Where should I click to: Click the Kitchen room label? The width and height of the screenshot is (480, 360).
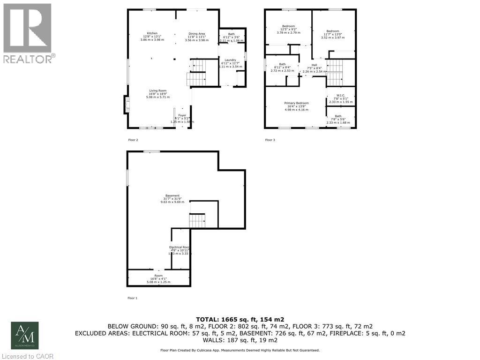(152, 33)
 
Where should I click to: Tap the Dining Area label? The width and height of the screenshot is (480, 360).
(196, 34)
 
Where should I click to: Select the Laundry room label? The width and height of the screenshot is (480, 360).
(230, 60)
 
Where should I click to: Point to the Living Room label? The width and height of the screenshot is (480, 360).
(158, 90)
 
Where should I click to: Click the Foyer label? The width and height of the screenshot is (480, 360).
(182, 115)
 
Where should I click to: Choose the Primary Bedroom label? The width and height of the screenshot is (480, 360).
(296, 103)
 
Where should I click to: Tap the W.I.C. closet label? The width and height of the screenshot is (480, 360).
(340, 96)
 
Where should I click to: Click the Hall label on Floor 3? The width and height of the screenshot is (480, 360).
(315, 65)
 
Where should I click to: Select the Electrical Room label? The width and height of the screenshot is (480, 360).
(180, 247)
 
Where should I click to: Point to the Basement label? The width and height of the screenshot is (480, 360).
(172, 195)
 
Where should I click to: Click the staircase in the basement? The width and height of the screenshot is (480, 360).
(197, 220)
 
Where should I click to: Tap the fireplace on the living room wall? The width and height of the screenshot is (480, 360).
(126, 104)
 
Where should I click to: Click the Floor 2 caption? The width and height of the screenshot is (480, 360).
(133, 140)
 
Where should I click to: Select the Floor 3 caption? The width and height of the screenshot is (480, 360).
(270, 140)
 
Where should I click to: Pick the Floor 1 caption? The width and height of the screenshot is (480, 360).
(132, 298)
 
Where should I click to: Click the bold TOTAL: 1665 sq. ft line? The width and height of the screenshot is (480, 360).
(240, 318)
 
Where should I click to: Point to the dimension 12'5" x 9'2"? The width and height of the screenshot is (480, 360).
(288, 30)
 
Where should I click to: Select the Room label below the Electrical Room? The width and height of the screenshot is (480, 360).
(158, 276)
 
